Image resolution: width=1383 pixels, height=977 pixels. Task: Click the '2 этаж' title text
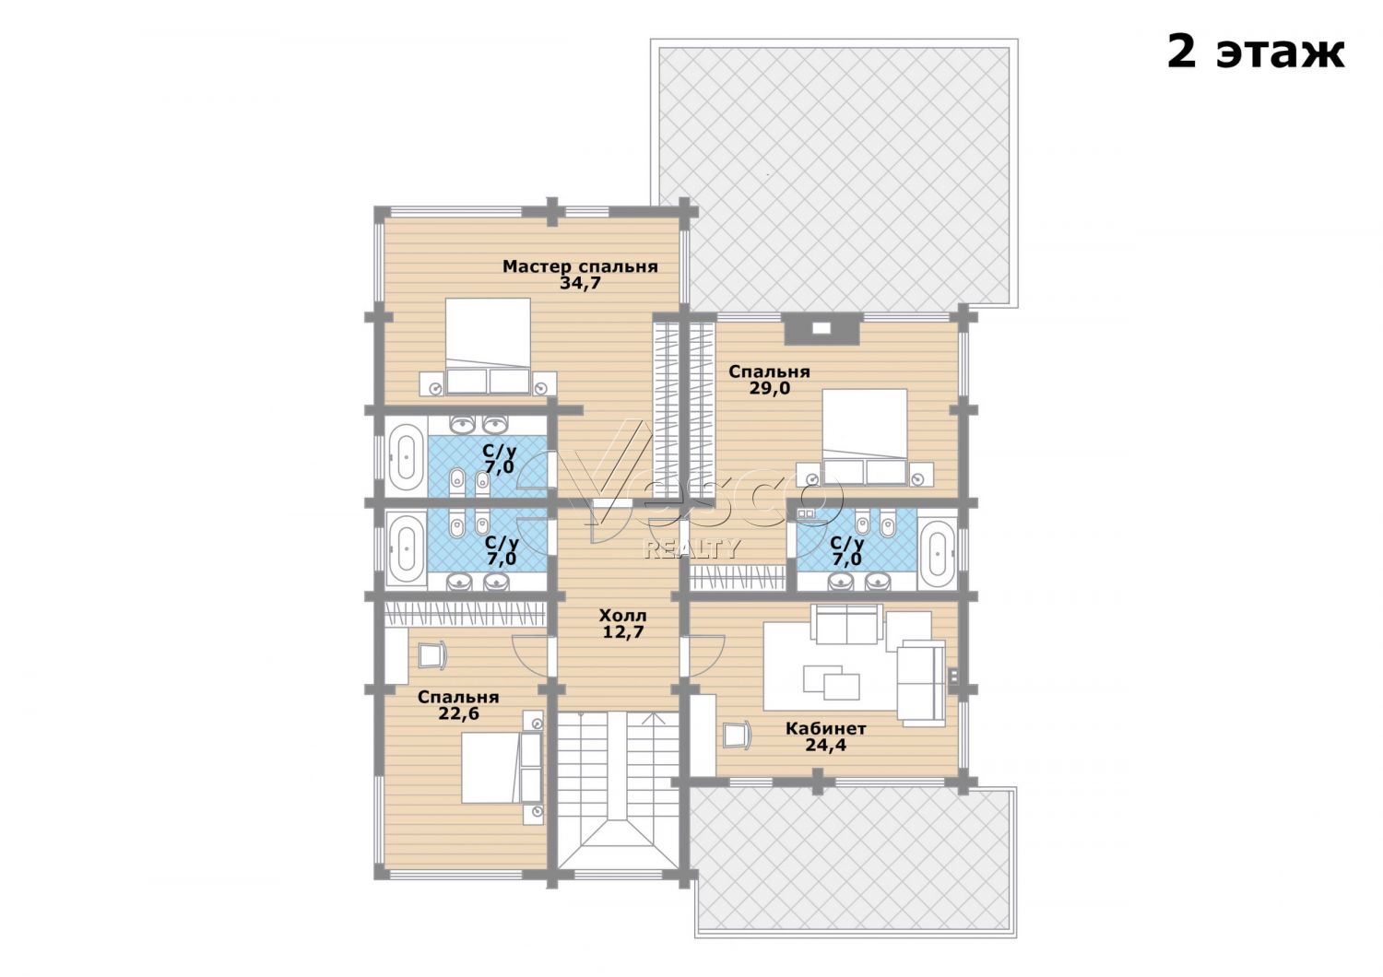click(1255, 53)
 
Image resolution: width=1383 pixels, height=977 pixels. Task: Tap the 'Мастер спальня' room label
click(580, 266)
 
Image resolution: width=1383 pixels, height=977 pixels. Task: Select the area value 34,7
click(580, 283)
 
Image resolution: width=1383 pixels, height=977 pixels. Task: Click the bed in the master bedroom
click(488, 347)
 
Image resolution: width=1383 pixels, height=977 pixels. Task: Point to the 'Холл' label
click(623, 616)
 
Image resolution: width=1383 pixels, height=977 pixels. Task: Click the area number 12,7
click(623, 631)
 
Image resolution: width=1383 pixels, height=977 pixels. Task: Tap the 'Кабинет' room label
click(825, 729)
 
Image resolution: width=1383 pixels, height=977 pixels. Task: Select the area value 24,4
click(825, 745)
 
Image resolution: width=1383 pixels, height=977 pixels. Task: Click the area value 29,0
click(770, 388)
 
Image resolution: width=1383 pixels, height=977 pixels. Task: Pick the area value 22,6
click(459, 713)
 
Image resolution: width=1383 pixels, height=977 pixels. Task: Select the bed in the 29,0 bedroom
click(865, 436)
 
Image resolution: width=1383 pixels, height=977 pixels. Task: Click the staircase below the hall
click(619, 789)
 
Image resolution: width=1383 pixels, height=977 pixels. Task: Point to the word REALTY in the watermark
click(692, 548)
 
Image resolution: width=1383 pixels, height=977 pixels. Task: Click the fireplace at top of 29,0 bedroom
click(822, 328)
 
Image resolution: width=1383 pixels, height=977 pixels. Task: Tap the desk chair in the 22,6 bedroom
click(432, 655)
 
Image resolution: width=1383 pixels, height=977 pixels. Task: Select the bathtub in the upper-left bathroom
click(406, 457)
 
